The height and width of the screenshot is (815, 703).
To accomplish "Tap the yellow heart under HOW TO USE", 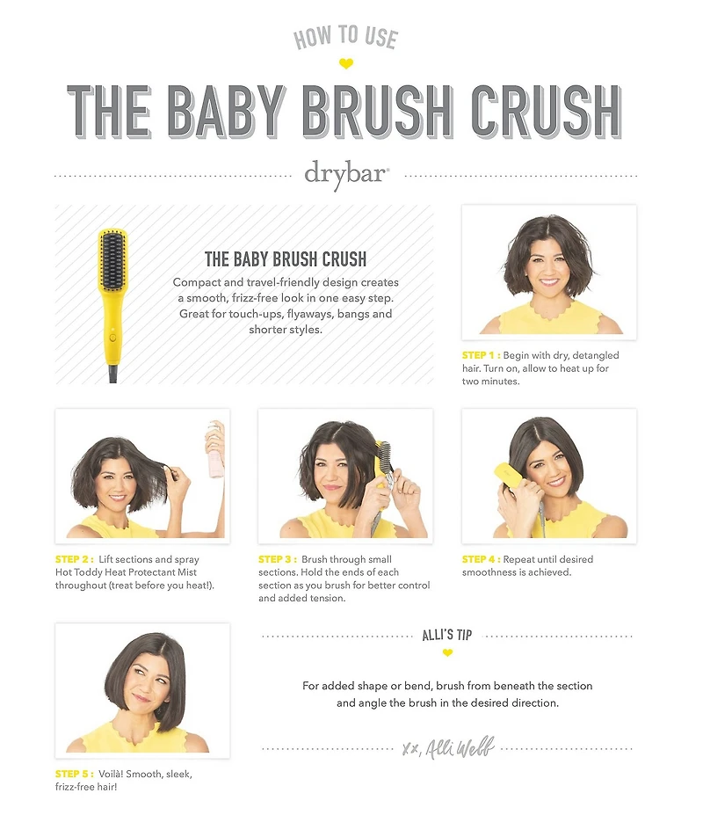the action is [346, 64].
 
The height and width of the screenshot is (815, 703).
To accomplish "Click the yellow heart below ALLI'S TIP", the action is [447, 653].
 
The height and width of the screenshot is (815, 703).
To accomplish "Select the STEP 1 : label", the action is [482, 355].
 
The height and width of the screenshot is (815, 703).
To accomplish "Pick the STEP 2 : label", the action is [75, 559].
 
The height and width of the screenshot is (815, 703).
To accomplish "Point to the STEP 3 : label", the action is [278, 559].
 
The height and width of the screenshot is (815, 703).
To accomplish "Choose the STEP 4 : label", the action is [482, 559].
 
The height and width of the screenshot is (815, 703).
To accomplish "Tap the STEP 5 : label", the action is [75, 774].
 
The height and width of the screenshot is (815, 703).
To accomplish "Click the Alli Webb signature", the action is [448, 748].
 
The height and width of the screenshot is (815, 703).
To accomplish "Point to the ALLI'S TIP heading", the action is [446, 635].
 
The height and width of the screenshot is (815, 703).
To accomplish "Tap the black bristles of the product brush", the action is [113, 260].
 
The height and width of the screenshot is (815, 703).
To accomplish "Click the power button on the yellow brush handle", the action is [112, 338].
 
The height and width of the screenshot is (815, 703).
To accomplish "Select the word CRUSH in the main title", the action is [547, 112].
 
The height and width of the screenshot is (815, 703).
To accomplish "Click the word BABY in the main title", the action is [227, 112].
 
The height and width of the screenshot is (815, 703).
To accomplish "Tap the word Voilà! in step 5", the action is [110, 774].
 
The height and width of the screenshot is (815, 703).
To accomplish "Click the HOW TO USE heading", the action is [346, 38].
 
